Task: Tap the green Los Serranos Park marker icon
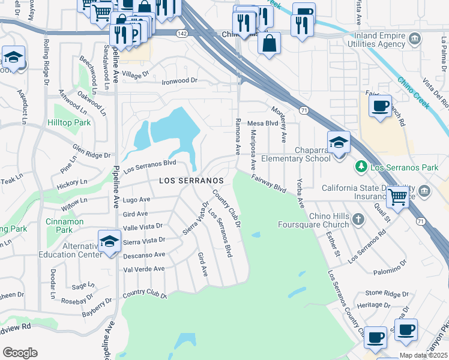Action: (361, 166)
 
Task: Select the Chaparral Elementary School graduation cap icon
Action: (339, 143)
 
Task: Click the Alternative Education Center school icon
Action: (109, 242)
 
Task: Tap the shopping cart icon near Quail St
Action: (397, 196)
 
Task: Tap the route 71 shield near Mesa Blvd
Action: (304, 110)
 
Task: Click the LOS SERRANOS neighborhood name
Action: (191, 180)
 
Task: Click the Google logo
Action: (20, 353)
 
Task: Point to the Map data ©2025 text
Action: (424, 355)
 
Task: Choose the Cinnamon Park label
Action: (65, 221)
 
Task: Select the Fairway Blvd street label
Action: (268, 183)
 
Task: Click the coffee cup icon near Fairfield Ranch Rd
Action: (379, 106)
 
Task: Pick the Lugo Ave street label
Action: (136, 199)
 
